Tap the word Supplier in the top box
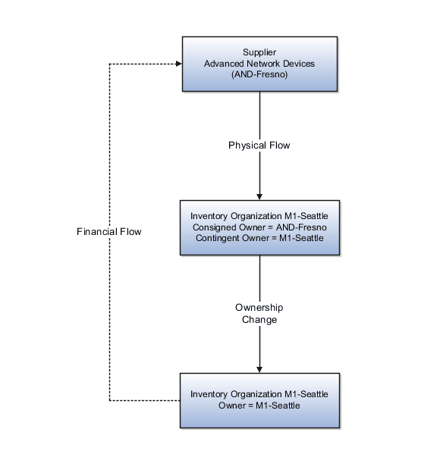(259, 52)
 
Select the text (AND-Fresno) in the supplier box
(259, 75)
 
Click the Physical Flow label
(259, 145)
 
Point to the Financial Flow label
(109, 232)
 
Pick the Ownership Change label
(259, 314)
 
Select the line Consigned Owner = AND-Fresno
(259, 227)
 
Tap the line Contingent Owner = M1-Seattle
(259, 238)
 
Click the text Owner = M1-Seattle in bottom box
(259, 406)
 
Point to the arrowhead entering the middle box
(259, 196)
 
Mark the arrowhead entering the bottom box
(259, 368)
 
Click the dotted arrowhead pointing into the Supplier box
(178, 64)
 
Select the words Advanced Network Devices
(259, 64)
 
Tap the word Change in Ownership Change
(259, 320)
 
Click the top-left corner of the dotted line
(109, 64)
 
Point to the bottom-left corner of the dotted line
(109, 399)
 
